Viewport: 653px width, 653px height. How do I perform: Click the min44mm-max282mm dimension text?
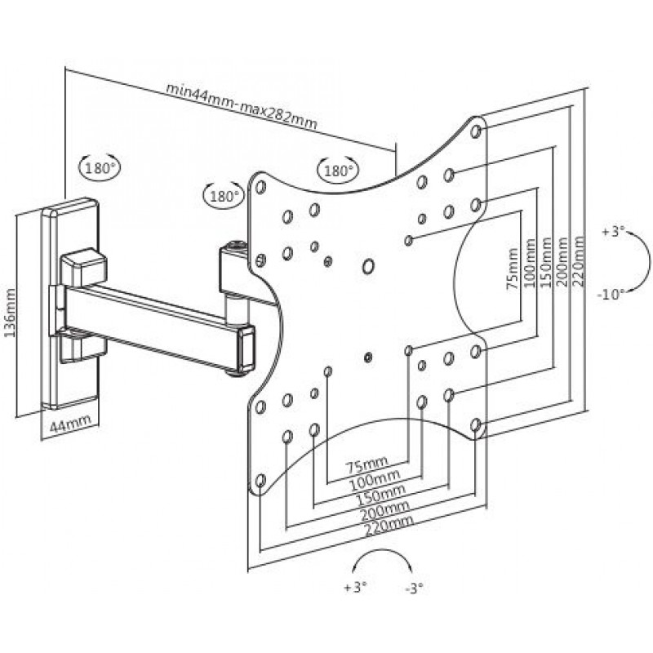242,106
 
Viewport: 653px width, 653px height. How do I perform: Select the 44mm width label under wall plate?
70,424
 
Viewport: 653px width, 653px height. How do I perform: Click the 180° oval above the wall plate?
100,169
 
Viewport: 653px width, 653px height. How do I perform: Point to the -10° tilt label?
611,295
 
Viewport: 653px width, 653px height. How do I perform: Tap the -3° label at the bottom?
414,589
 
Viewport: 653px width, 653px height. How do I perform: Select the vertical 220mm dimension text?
579,261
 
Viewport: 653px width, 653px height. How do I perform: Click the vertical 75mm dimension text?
513,269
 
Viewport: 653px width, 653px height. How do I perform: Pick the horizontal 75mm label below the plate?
366,464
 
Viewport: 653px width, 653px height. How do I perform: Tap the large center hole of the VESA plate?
368,266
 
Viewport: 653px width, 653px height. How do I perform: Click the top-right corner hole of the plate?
476,131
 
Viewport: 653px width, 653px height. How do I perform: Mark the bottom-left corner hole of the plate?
260,481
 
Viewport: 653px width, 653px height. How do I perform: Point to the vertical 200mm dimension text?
562,261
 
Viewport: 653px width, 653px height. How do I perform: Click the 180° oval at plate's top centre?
338,171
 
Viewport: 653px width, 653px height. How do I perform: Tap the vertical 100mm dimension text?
529,263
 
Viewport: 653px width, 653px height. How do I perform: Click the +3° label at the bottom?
355,588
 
